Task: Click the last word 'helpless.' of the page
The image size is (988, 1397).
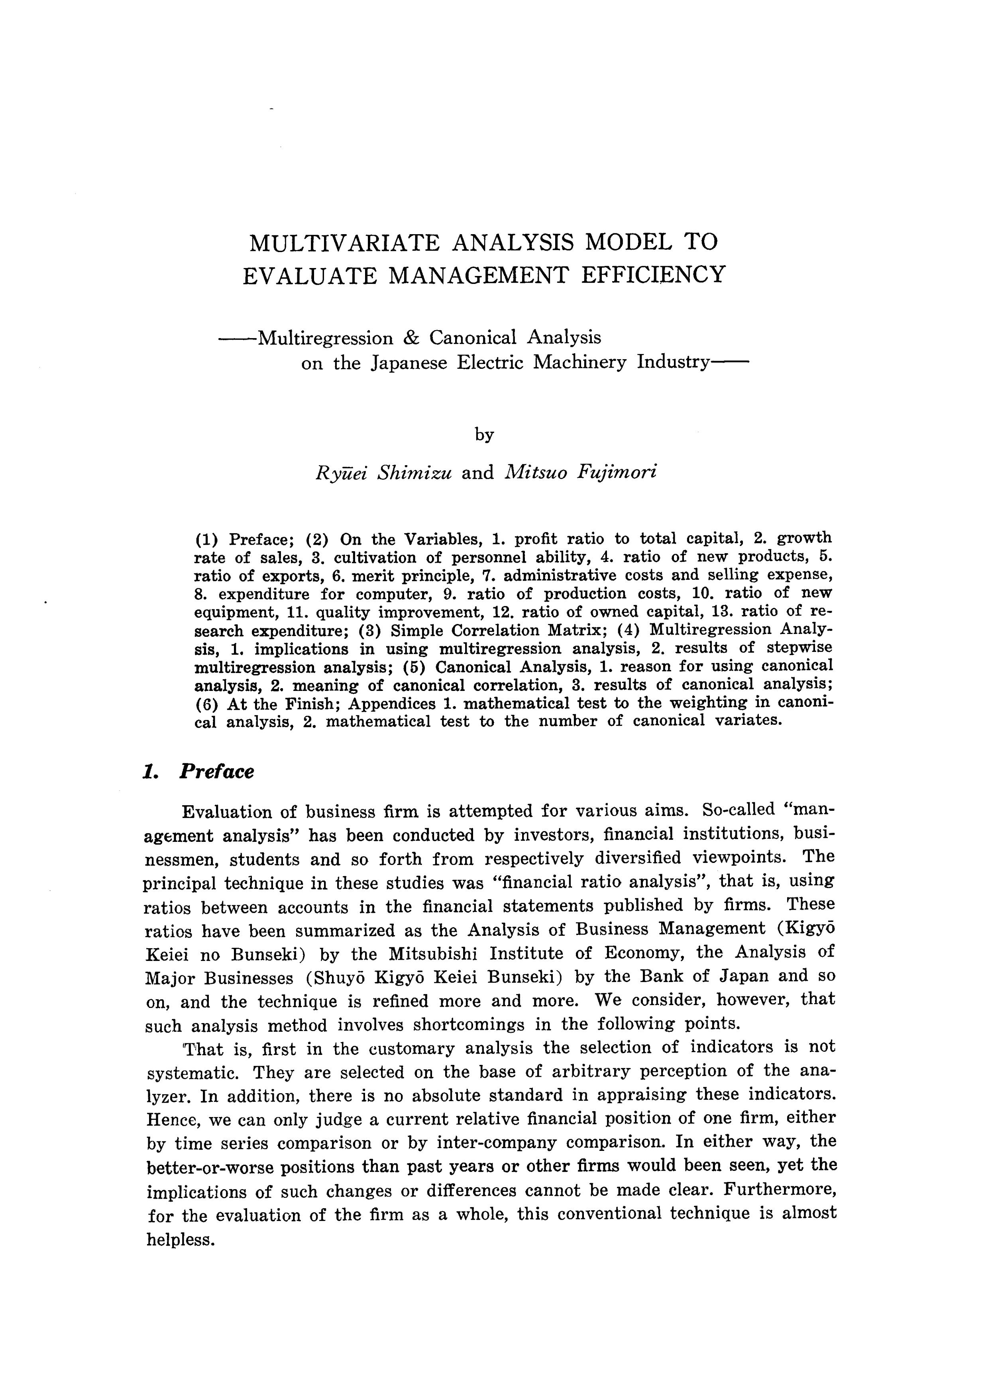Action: pyautogui.click(x=181, y=1239)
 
